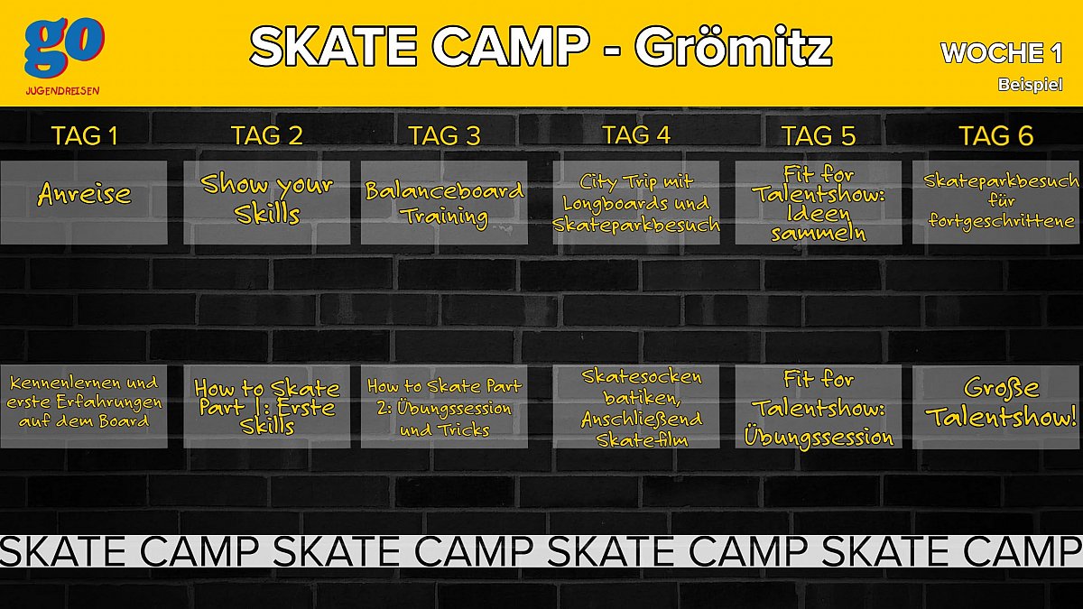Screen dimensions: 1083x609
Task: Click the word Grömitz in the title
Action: pyautogui.click(x=734, y=47)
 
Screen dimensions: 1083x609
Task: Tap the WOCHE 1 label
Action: pyautogui.click(x=1001, y=53)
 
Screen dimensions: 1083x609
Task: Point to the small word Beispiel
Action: pyautogui.click(x=1031, y=85)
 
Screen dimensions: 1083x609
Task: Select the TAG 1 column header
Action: pyautogui.click(x=85, y=136)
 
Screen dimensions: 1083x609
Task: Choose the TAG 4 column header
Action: pyautogui.click(x=636, y=134)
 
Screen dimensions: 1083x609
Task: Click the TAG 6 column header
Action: pyautogui.click(x=996, y=136)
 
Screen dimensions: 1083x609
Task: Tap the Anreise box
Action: pyautogui.click(x=84, y=202)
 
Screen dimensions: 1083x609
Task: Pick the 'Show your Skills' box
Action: pyautogui.click(x=267, y=202)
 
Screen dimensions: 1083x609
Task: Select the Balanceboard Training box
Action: pyautogui.click(x=444, y=202)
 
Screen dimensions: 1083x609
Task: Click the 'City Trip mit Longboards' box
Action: pyautogui.click(x=636, y=202)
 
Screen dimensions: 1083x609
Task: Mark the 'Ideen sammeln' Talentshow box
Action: pyautogui.click(x=819, y=202)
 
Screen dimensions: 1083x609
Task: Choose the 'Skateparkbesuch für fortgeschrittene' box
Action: pyautogui.click(x=996, y=202)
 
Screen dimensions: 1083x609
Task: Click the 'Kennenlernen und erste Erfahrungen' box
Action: pyautogui.click(x=84, y=407)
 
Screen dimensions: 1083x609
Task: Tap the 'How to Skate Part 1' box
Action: pyautogui.click(x=267, y=407)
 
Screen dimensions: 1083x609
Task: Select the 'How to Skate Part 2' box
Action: pyautogui.click(x=444, y=407)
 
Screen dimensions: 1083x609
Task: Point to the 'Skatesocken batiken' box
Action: pyautogui.click(x=636, y=407)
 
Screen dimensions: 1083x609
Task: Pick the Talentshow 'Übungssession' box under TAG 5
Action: pyautogui.click(x=819, y=407)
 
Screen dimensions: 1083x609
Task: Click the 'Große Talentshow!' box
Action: pyautogui.click(x=996, y=407)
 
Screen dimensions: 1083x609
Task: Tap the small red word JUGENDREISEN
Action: pyautogui.click(x=63, y=91)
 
